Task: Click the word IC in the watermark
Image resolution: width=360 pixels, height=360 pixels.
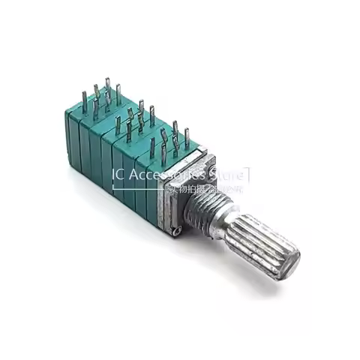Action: pos(118,175)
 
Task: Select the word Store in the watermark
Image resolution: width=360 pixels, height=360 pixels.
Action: pos(228,175)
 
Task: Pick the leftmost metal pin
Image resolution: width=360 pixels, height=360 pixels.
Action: pos(85,100)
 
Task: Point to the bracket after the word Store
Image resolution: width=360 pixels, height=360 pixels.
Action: pos(248,175)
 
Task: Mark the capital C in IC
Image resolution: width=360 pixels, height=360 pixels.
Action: pos(121,175)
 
